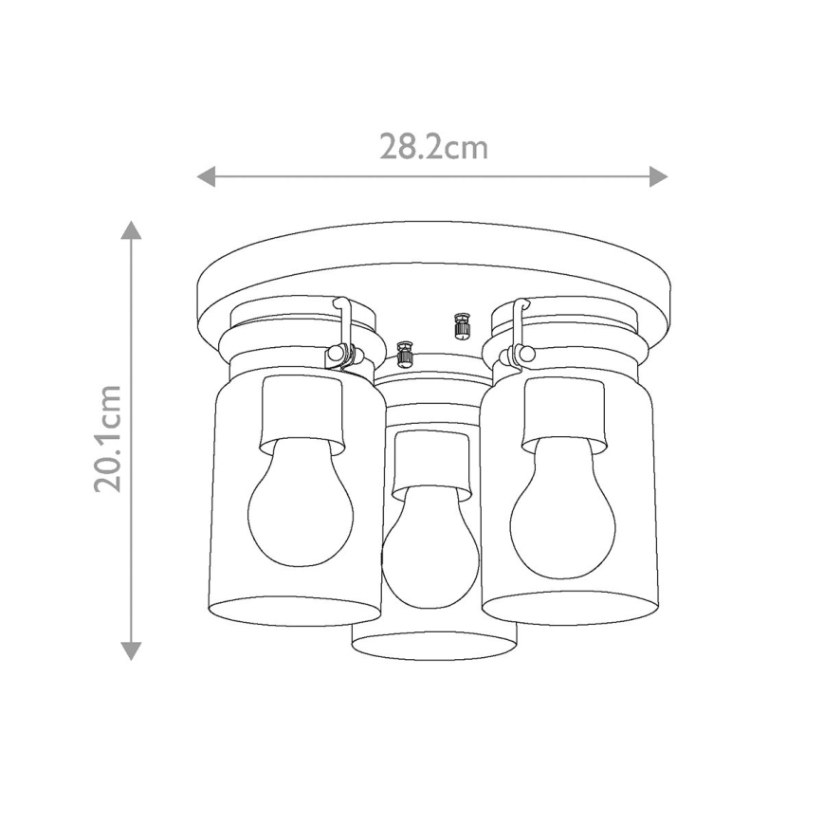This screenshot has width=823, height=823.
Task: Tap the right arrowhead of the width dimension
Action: point(658,176)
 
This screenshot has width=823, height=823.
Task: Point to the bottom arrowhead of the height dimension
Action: point(132,649)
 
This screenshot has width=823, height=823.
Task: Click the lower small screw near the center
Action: point(406,355)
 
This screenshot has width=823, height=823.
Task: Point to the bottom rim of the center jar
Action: point(433,645)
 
